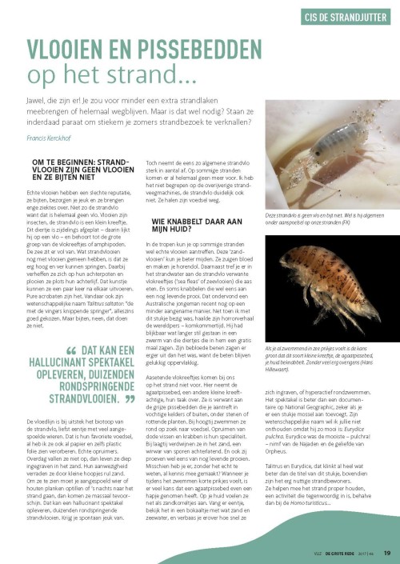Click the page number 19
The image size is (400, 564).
387,552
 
